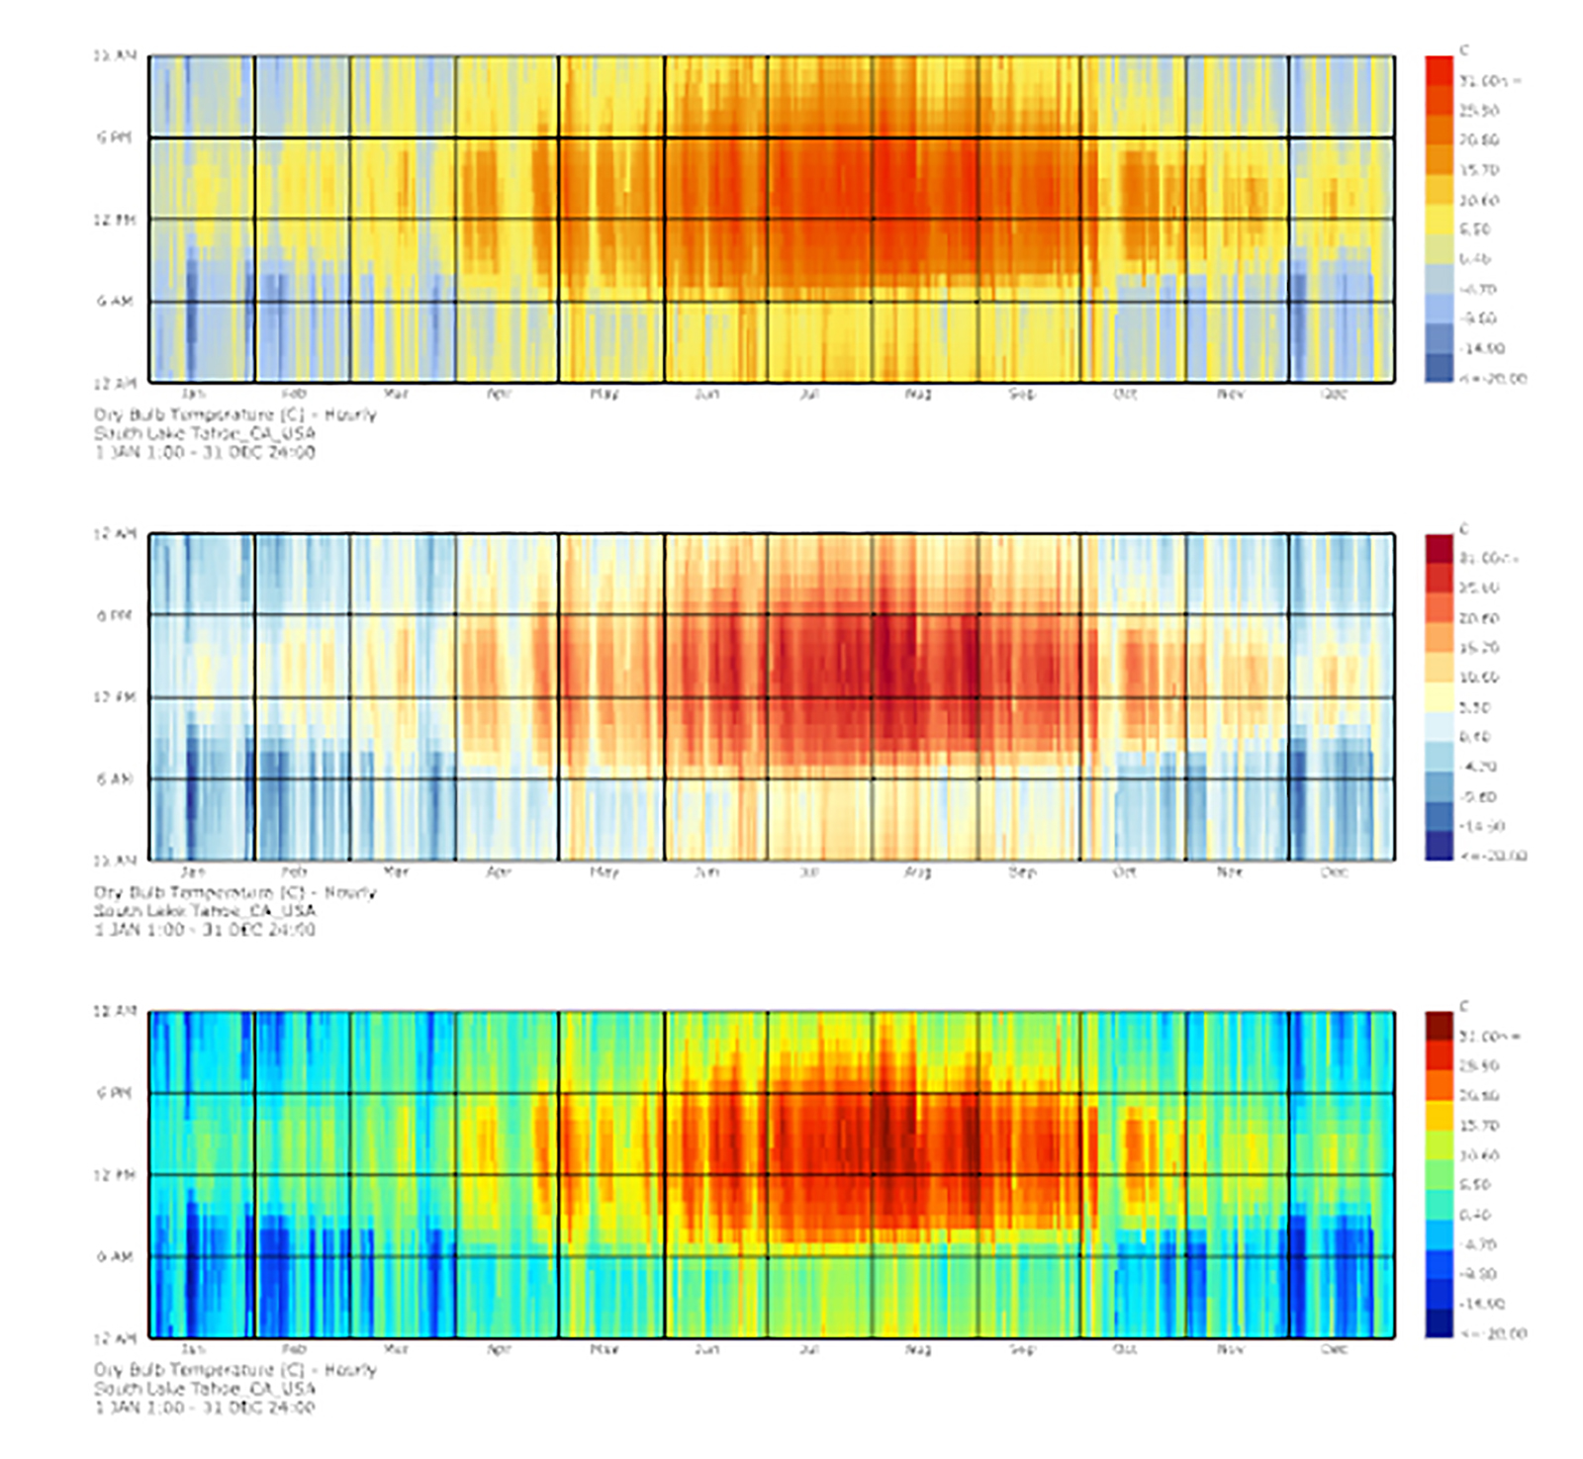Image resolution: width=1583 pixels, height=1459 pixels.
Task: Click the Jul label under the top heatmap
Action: click(x=809, y=394)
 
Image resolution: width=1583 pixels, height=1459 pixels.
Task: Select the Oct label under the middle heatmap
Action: click(x=1125, y=871)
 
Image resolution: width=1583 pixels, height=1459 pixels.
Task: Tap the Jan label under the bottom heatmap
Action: click(x=193, y=1348)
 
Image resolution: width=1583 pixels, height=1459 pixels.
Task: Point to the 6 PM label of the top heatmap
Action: click(x=114, y=137)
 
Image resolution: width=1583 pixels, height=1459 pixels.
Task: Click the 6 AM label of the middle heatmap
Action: click(x=114, y=779)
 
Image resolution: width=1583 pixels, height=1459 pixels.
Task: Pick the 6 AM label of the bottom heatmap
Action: click(x=114, y=1256)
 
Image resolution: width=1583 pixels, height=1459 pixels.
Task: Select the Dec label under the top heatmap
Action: click(x=1334, y=394)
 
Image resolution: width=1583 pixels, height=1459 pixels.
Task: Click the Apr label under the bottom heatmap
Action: click(x=499, y=1348)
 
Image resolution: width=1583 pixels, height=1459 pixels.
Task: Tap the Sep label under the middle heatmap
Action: click(x=1022, y=871)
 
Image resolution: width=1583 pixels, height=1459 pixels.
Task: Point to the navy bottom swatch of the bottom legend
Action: click(x=1439, y=1322)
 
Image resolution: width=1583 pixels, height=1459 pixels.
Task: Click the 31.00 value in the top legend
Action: click(x=1489, y=80)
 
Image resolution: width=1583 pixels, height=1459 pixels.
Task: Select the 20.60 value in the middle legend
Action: click(x=1479, y=618)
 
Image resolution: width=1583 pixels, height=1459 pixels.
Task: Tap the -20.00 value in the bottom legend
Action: click(x=1494, y=1333)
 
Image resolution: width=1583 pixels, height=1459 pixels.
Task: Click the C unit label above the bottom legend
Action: click(x=1464, y=1006)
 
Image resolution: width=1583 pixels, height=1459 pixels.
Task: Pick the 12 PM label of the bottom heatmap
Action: click(x=114, y=1175)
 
